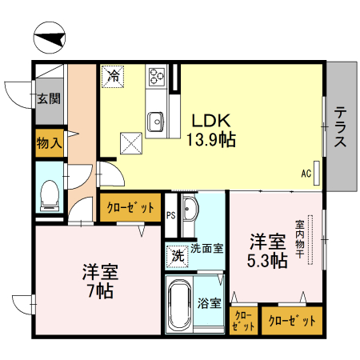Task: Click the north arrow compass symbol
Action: (50, 38)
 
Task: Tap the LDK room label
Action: (211, 122)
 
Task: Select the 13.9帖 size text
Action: (211, 141)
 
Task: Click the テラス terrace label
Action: (340, 128)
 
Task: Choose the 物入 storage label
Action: (49, 143)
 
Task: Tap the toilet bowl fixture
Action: (50, 194)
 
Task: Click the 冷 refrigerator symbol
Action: (113, 78)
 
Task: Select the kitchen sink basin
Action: (155, 122)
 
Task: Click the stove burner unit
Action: (155, 78)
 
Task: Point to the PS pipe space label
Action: (170, 215)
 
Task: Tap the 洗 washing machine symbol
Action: (177, 256)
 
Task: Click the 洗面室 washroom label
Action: (206, 249)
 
